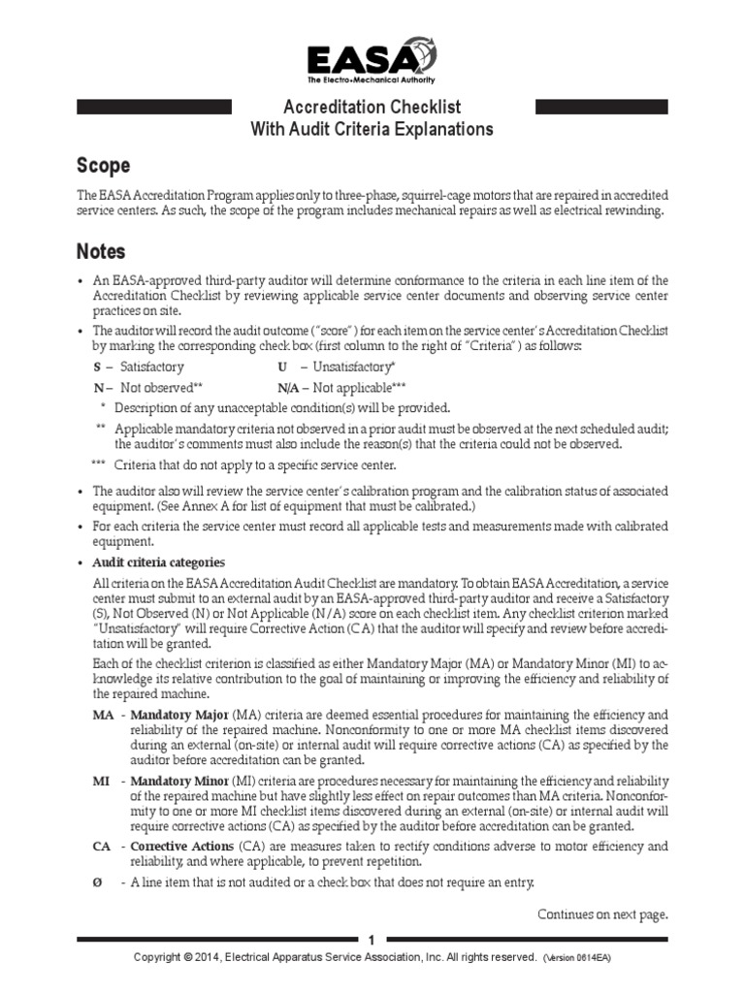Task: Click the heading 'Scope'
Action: pyautogui.click(x=103, y=165)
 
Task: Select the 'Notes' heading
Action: pyautogui.click(x=101, y=252)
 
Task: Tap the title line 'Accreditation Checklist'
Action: pyautogui.click(x=372, y=108)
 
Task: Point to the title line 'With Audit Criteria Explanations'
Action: pyautogui.click(x=372, y=129)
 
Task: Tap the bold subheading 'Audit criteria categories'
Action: pyautogui.click(x=158, y=562)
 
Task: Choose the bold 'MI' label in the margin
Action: pyautogui.click(x=101, y=782)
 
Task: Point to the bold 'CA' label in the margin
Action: pyautogui.click(x=102, y=847)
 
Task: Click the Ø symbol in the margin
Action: pyautogui.click(x=97, y=881)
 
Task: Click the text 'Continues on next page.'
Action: pyautogui.click(x=603, y=913)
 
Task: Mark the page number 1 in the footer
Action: pyautogui.click(x=372, y=940)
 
